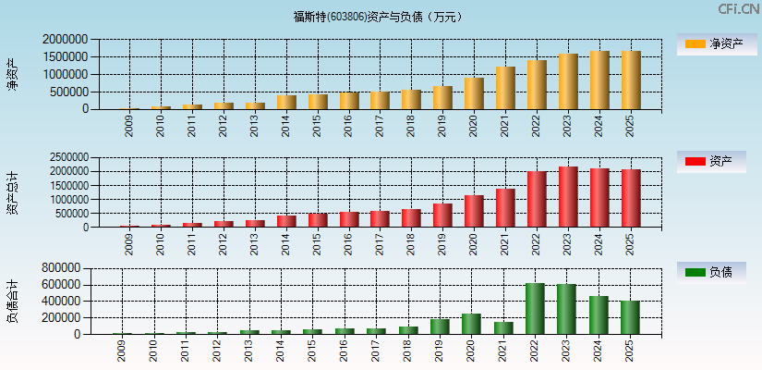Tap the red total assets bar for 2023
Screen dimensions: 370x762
coord(568,197)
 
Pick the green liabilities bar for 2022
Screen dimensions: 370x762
coord(535,309)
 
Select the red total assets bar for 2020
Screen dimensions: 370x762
coord(474,211)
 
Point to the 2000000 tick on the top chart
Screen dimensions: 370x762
coord(66,40)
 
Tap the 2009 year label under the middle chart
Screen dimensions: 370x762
coord(128,244)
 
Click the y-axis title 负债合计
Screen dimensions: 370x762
coord(12,302)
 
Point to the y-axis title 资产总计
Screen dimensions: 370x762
coord(12,192)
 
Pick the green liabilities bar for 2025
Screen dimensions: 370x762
coord(630,317)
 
